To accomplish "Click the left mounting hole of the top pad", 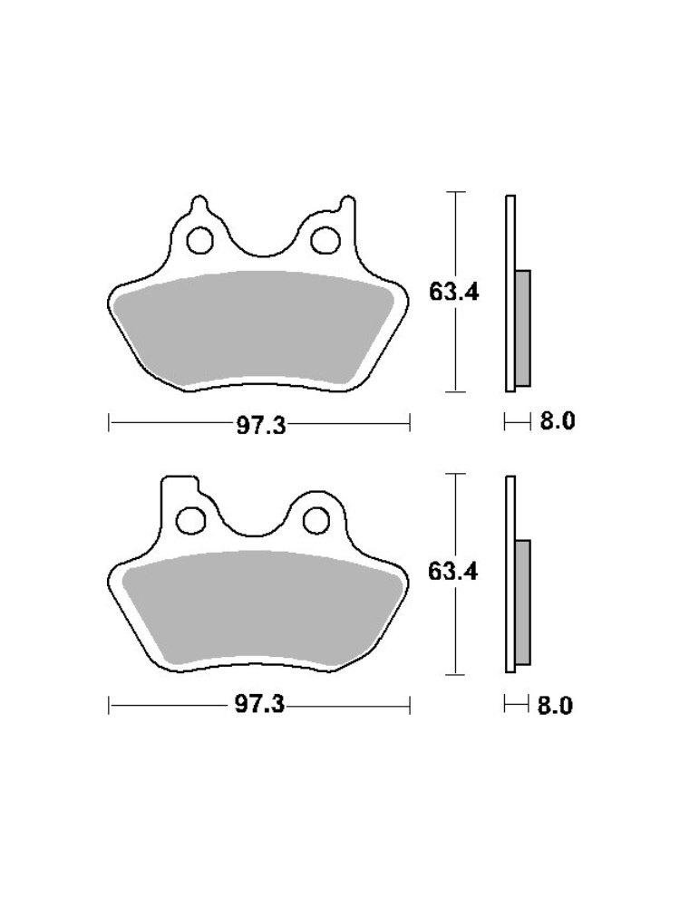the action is tap(199, 240).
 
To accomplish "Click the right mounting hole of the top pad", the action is tap(325, 240).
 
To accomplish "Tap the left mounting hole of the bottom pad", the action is tap(190, 520).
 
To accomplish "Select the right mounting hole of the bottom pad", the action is tap(317, 520).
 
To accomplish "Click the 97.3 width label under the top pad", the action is tap(261, 426).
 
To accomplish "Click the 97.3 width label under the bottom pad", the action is tap(259, 704).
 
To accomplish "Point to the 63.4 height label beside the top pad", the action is tap(454, 293).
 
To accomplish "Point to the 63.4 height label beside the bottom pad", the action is tap(453, 572).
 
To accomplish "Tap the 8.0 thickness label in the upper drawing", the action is tap(558, 420).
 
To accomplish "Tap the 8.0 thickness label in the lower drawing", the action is tap(555, 705).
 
